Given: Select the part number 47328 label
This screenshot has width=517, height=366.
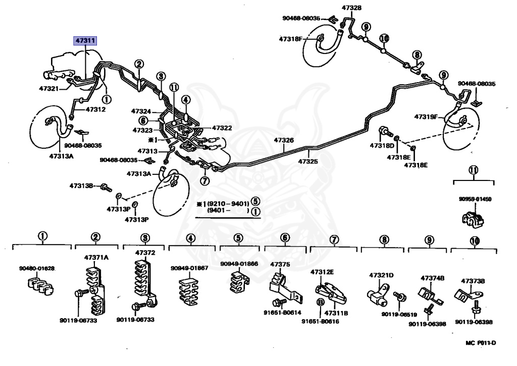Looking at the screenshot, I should coord(351,8).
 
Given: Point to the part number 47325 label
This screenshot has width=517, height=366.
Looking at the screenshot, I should coord(308,161).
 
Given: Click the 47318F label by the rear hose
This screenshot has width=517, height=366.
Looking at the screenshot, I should coord(291,38).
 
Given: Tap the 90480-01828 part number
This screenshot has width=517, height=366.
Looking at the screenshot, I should coord(37,268).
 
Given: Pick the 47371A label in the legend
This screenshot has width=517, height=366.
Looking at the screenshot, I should coord(96,257).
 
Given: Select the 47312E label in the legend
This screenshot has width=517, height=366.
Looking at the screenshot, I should coord(322,272).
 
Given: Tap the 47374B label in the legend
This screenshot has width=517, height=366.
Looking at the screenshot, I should coord(433,278).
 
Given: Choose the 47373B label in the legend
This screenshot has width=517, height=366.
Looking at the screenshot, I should coord(473,281).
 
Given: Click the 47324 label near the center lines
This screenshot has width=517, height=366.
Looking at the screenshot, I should coord(141,111).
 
